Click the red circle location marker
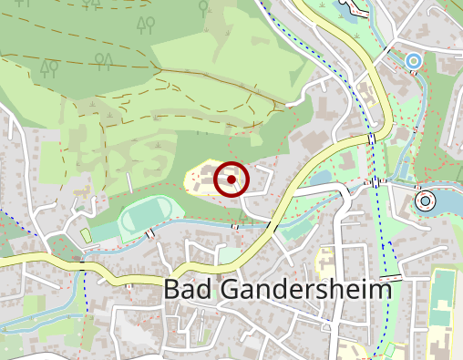tap(231, 180)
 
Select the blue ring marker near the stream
tap(414, 62)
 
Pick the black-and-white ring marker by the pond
tap(425, 200)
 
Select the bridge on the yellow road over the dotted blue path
tap(372, 138)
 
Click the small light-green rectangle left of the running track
tap(87, 236)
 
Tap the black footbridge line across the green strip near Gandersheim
tap(392, 275)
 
